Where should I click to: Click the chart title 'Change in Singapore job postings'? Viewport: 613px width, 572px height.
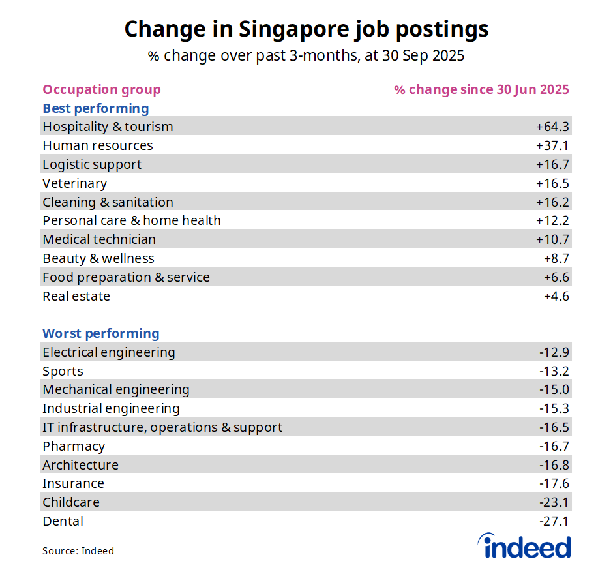[x=306, y=29]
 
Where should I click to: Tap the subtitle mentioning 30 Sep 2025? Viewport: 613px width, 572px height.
[x=306, y=56]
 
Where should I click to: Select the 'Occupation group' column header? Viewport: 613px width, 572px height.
[x=101, y=89]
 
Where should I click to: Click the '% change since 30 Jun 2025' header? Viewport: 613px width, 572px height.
[x=481, y=89]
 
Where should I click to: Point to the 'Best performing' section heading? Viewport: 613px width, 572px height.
[x=95, y=108]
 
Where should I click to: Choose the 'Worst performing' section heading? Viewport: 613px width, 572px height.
[x=100, y=333]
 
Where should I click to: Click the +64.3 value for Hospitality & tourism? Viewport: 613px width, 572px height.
[x=552, y=127]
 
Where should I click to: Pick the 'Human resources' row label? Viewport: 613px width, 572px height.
[x=97, y=145]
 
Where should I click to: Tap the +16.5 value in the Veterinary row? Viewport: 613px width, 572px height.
[x=552, y=183]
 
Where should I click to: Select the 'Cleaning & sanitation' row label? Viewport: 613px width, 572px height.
[x=108, y=202]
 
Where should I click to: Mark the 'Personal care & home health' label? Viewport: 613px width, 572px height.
[x=131, y=220]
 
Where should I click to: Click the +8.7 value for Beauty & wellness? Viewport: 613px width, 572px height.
[x=556, y=258]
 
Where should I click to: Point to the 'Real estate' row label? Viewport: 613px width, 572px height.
[x=76, y=296]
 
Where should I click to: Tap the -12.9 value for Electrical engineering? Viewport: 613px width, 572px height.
[x=554, y=352]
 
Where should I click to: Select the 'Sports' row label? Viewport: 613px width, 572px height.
[x=63, y=371]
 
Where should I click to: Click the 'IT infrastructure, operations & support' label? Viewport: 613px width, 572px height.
[x=162, y=427]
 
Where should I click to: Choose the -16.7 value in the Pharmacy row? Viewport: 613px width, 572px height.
[x=554, y=446]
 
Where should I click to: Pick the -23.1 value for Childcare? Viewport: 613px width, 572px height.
[x=554, y=502]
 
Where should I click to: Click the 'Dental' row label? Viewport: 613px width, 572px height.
[x=63, y=521]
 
